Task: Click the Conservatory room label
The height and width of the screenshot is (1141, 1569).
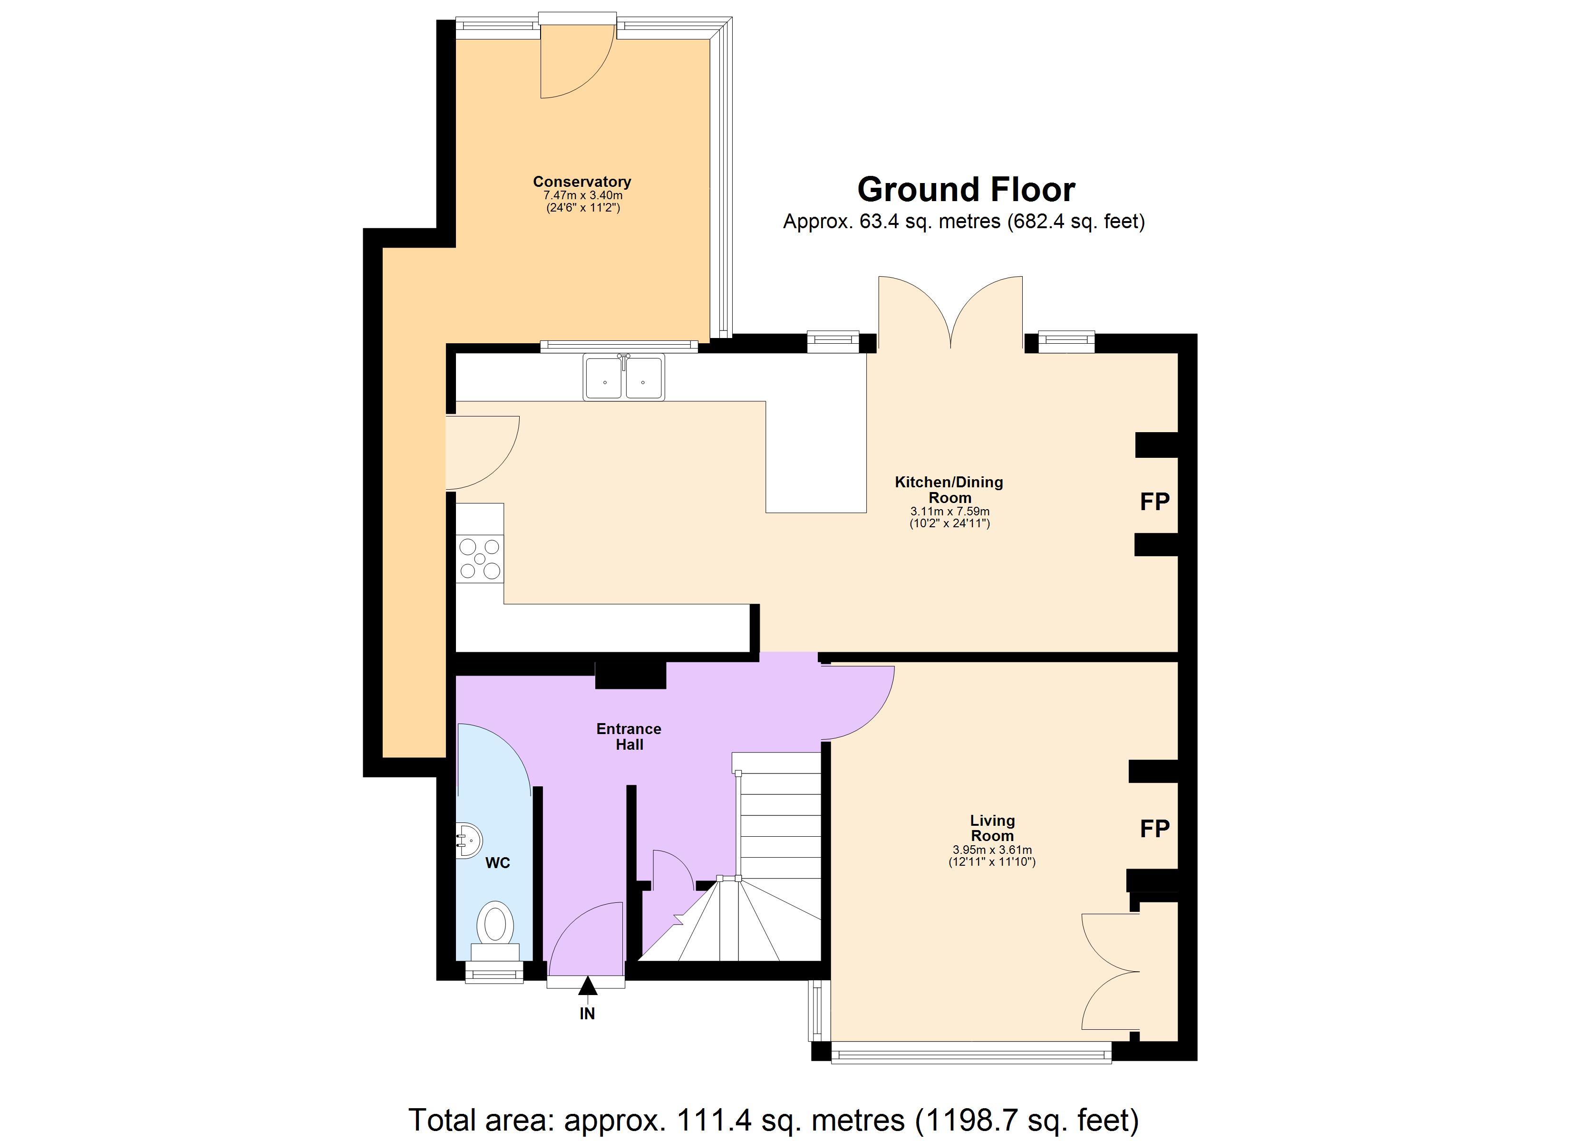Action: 582,181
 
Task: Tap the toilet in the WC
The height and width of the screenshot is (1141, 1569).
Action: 494,926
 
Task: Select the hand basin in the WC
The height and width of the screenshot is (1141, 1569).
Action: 468,841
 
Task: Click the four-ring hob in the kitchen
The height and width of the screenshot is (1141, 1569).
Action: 479,559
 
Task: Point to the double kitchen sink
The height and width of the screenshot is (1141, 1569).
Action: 623,378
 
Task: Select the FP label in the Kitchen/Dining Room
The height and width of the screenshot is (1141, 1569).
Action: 1154,502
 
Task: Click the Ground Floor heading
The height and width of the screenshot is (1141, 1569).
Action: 966,190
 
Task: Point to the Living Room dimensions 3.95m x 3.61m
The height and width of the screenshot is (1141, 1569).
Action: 991,850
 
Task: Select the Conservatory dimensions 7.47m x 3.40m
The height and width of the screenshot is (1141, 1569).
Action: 582,195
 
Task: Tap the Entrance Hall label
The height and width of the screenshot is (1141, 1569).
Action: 629,736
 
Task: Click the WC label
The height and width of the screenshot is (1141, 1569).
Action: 497,863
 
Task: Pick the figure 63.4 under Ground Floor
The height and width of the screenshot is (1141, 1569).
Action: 877,222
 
